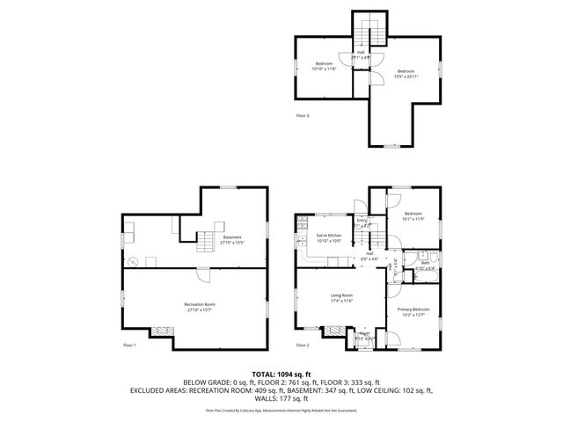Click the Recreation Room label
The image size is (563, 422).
point(201,304)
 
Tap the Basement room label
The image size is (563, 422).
point(232,236)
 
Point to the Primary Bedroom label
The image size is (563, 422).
point(413,309)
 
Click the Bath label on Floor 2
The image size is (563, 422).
point(425,262)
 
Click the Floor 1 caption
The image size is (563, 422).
point(128,346)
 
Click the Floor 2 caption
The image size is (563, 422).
point(303,346)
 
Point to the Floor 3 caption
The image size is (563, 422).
point(303,114)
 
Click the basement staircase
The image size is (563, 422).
point(205,238)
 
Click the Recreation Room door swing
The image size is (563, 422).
point(201,273)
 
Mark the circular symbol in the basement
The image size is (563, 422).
point(133,262)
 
